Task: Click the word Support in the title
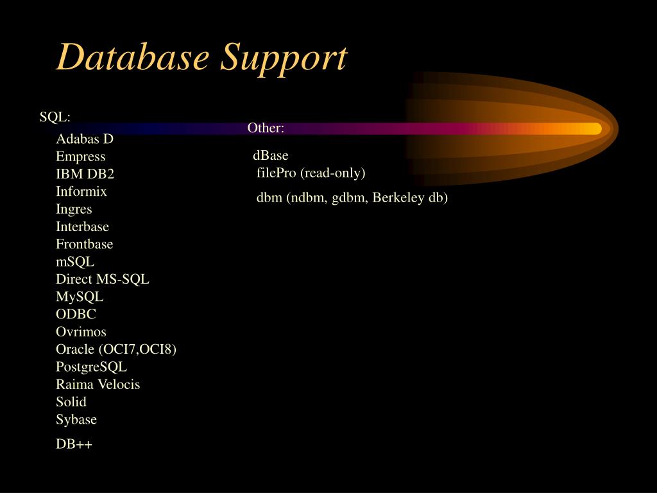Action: pyautogui.click(x=283, y=59)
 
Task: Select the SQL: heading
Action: pyautogui.click(x=55, y=117)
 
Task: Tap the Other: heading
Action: pyautogui.click(x=266, y=128)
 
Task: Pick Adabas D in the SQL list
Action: pyautogui.click(x=85, y=139)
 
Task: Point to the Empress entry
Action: pyautogui.click(x=80, y=157)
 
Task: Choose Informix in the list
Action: pyautogui.click(x=81, y=191)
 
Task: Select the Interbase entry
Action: pyautogui.click(x=82, y=227)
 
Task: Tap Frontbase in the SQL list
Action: pyautogui.click(x=84, y=244)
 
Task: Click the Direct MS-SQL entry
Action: pyautogui.click(x=103, y=279)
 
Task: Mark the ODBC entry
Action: pyautogui.click(x=76, y=315)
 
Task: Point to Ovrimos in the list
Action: pyautogui.click(x=81, y=332)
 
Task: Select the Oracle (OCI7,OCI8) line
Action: pyautogui.click(x=116, y=349)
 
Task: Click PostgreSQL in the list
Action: pyautogui.click(x=91, y=367)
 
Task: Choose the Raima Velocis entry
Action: pyautogui.click(x=98, y=385)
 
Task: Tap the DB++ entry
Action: pyautogui.click(x=74, y=444)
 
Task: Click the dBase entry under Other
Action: pyautogui.click(x=271, y=155)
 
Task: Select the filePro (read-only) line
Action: pyautogui.click(x=311, y=173)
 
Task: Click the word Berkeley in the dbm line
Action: pyautogui.click(x=400, y=198)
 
